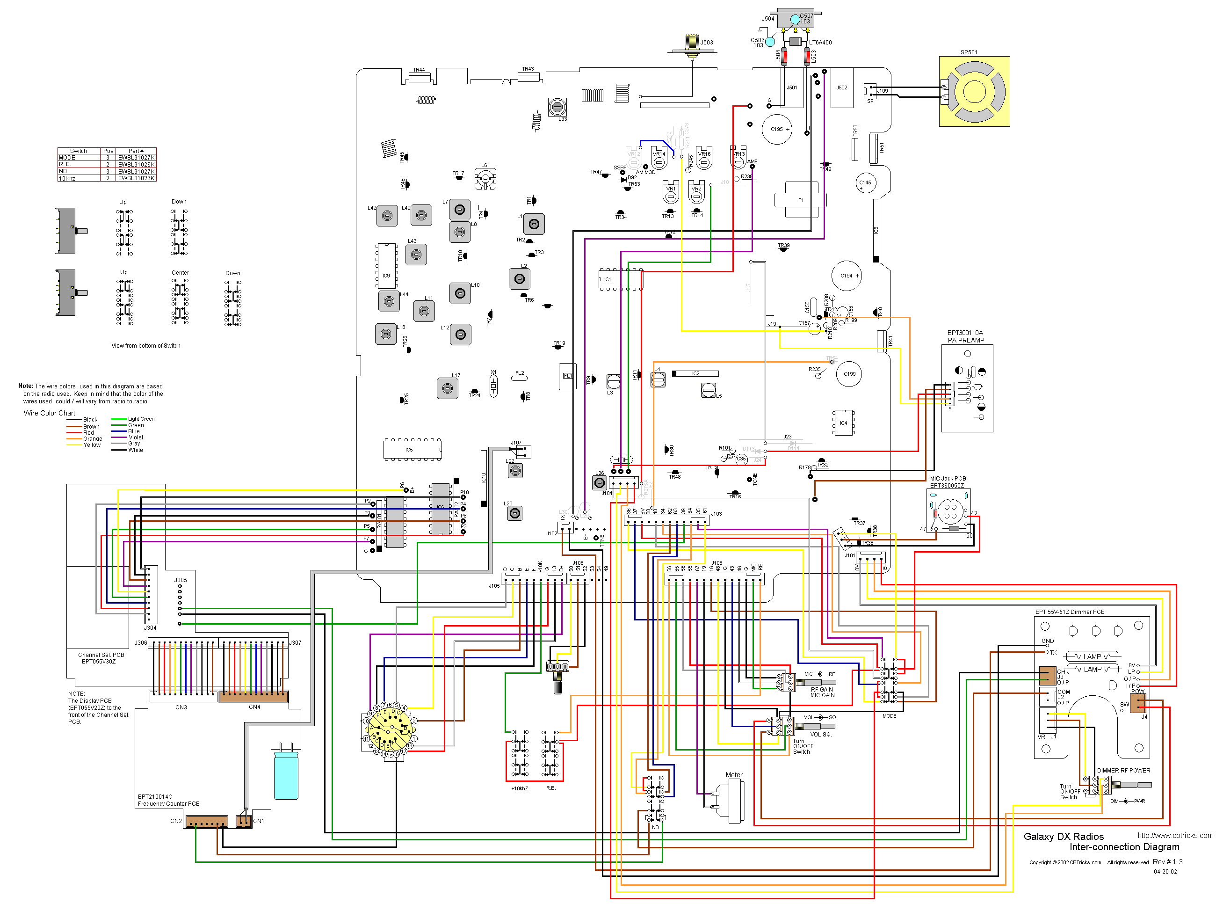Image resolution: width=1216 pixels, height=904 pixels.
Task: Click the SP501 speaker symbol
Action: click(x=974, y=91)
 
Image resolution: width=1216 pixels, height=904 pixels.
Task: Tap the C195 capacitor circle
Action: click(x=776, y=129)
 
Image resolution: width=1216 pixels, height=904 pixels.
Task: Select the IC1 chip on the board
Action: click(x=621, y=279)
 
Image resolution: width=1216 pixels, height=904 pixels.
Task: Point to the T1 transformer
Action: click(x=800, y=200)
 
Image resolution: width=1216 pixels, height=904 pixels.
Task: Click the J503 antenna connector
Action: click(x=692, y=44)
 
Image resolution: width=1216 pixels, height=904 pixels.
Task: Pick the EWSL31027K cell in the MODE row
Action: click(x=136, y=158)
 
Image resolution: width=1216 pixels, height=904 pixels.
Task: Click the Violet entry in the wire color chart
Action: click(x=136, y=437)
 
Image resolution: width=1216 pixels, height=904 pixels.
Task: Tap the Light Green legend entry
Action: click(x=141, y=419)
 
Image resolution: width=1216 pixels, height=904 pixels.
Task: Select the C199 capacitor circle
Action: click(x=848, y=374)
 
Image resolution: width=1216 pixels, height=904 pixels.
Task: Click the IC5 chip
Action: click(x=413, y=449)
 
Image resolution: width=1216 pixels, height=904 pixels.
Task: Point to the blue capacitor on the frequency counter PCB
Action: click(x=286, y=775)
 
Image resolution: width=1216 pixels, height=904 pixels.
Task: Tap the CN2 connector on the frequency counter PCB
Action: click(x=206, y=821)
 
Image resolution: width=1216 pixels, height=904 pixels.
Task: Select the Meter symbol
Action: click(x=733, y=800)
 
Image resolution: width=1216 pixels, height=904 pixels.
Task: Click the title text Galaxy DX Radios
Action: click(x=1063, y=836)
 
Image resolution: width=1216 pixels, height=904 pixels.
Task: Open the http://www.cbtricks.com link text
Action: click(x=1174, y=835)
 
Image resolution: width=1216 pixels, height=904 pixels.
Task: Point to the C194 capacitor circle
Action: click(x=846, y=276)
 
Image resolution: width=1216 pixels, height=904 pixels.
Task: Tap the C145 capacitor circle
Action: click(x=865, y=183)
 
